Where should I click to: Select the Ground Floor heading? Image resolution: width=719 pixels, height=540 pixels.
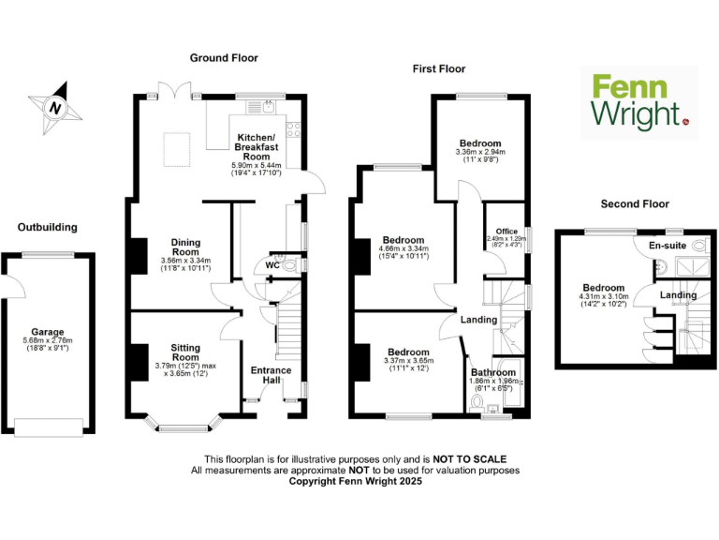pos(224,58)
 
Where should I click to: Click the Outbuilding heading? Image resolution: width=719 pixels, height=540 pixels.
pos(47,227)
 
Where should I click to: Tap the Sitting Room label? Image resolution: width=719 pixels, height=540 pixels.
pos(184,352)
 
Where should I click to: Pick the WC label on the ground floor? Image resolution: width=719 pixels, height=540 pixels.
pos(271,265)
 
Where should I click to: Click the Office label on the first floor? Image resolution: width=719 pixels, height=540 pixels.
pos(506,232)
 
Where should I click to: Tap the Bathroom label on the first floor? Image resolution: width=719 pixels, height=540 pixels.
pos(492,372)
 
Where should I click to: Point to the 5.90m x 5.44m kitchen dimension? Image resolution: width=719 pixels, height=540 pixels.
pos(256,166)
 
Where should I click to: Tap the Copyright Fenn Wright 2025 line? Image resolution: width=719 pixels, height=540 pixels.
pos(355,481)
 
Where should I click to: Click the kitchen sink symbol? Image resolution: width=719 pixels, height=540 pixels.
pos(269,106)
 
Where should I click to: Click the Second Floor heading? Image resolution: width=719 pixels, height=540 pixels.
pos(635,203)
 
